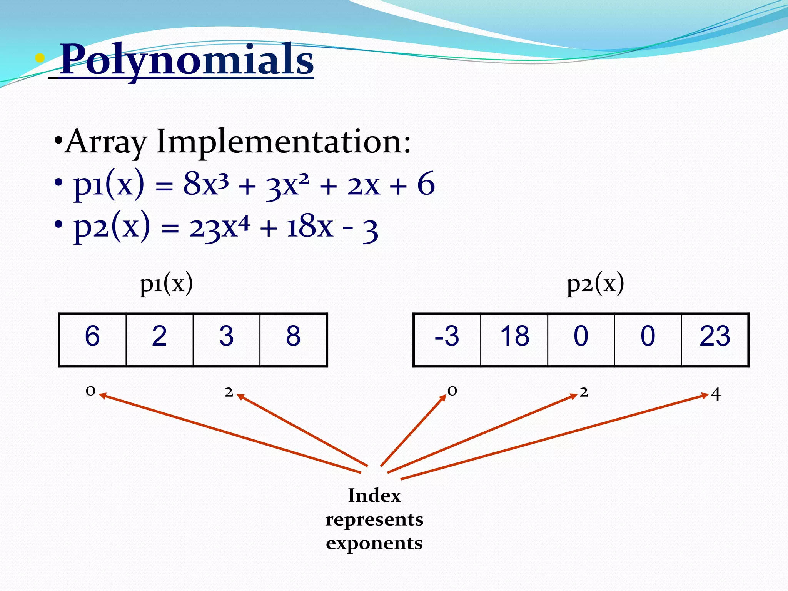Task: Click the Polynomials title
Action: (x=187, y=60)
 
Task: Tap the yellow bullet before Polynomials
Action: (x=40, y=59)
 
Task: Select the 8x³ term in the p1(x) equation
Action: (x=206, y=184)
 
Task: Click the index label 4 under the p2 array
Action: (x=715, y=394)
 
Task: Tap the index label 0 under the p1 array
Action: (x=90, y=391)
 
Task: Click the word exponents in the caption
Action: (x=374, y=543)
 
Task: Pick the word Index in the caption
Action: (x=374, y=496)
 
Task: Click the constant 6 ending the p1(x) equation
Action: (x=426, y=184)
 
